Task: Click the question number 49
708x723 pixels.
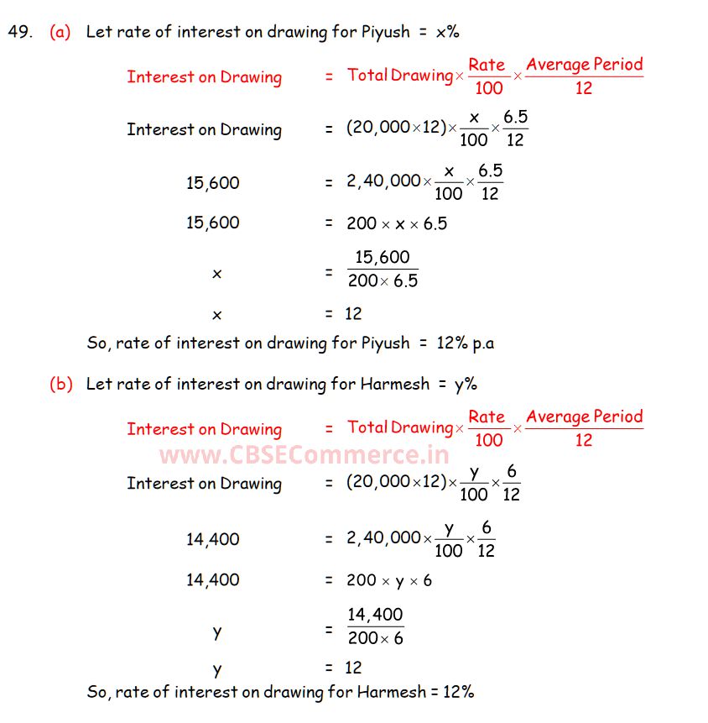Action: click(19, 33)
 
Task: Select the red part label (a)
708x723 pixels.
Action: click(60, 33)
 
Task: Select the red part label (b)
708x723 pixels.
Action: click(61, 385)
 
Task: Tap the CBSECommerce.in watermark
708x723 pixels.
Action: click(305, 455)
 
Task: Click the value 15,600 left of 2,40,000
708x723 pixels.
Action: click(212, 182)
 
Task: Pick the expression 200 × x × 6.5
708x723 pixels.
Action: click(397, 223)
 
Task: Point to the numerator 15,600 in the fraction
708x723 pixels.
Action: click(382, 258)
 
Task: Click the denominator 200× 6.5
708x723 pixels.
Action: click(383, 281)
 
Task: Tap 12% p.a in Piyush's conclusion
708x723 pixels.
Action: click(462, 343)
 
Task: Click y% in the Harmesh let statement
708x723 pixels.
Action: click(466, 385)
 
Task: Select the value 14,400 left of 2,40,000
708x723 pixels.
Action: click(212, 539)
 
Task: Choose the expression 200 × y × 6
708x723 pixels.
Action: click(389, 580)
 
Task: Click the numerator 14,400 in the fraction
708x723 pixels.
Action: click(375, 615)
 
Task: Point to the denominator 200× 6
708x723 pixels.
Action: click(375, 638)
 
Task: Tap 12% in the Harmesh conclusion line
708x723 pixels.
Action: click(457, 693)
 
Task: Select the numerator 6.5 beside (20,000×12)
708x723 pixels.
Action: click(516, 118)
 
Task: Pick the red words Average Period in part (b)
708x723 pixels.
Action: click(584, 417)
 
